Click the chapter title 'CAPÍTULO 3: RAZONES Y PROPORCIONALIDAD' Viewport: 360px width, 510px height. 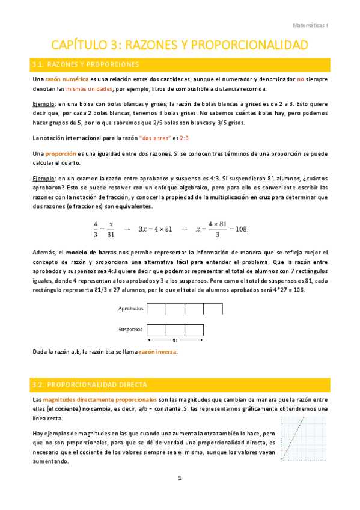click(x=180, y=45)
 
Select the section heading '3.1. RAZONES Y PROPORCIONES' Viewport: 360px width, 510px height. click(x=87, y=64)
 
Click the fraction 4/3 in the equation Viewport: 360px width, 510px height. click(x=96, y=229)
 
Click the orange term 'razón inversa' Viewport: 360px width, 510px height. click(x=158, y=352)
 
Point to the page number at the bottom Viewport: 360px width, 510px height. click(x=179, y=478)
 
